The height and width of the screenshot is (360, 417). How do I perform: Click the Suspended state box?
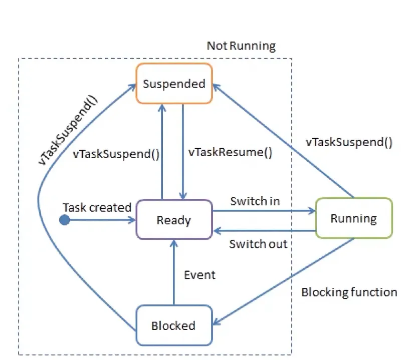coord(174,84)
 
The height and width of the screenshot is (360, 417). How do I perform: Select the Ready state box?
coord(174,220)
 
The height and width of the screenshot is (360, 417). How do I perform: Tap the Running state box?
coord(353,218)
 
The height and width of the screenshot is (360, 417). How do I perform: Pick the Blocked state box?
coord(173,326)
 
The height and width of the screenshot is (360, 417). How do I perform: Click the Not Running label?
coord(241,47)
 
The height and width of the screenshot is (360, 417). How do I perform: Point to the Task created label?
coord(97,208)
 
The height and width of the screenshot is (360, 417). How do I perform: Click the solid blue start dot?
coord(65,220)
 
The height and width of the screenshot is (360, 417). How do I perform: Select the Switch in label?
coord(255,201)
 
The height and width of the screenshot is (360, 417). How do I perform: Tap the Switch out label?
coord(258,244)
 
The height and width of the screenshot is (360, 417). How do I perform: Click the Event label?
coord(199,275)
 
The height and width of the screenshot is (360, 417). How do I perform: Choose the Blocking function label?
coord(349,292)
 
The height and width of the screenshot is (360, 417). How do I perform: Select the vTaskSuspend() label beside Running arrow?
coord(349,142)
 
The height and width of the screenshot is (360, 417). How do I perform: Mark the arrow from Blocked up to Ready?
coord(173,273)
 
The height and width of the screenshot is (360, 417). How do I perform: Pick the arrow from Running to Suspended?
coord(283,140)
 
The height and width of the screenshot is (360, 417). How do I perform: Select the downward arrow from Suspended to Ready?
coord(183,150)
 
